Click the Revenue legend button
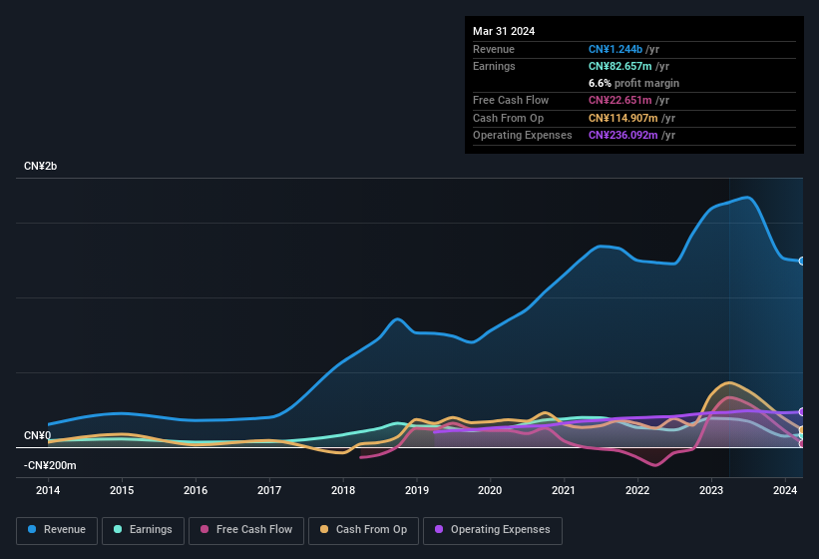[x=56, y=530]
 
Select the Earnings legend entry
[x=142, y=530]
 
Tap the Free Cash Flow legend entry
[x=246, y=530]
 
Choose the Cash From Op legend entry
[x=363, y=530]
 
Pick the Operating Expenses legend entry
[x=492, y=530]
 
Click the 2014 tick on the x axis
[x=48, y=490]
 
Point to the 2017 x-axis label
[x=269, y=490]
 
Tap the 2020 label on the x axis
[x=490, y=490]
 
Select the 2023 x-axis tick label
[x=711, y=490]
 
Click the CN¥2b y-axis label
[x=41, y=166]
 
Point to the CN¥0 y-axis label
[x=37, y=436]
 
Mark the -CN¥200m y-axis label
[x=50, y=465]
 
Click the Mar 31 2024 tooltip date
[x=504, y=31]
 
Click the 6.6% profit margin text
[x=633, y=83]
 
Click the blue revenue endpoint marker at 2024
[x=802, y=261]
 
